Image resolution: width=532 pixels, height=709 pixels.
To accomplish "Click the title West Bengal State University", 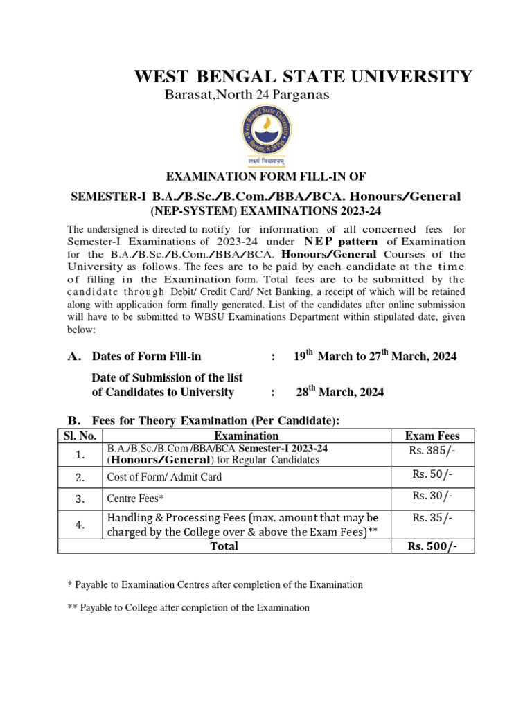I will [303, 76].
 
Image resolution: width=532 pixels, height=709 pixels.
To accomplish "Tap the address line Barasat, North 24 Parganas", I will [247, 95].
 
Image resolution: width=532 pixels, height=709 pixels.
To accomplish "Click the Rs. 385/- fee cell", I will [432, 451].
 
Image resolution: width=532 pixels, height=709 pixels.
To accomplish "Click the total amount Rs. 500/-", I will [432, 546].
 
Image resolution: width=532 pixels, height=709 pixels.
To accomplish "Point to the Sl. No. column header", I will [80, 436].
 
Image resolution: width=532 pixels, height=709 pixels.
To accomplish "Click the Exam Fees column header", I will [432, 436].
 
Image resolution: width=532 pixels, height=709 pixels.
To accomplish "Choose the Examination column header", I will [247, 436].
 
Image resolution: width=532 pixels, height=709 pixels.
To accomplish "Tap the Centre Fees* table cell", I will [136, 498].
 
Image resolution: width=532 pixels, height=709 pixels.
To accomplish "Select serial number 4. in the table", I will [80, 525].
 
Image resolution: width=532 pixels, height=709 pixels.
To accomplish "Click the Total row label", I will [224, 546].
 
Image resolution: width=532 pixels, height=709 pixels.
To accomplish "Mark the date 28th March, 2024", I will [340, 392].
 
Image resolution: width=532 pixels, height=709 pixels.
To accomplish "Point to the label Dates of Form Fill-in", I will [146, 357].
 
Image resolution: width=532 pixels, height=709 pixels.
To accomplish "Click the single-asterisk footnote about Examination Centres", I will [215, 584].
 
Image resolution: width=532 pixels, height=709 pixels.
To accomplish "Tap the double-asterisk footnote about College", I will [188, 607].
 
